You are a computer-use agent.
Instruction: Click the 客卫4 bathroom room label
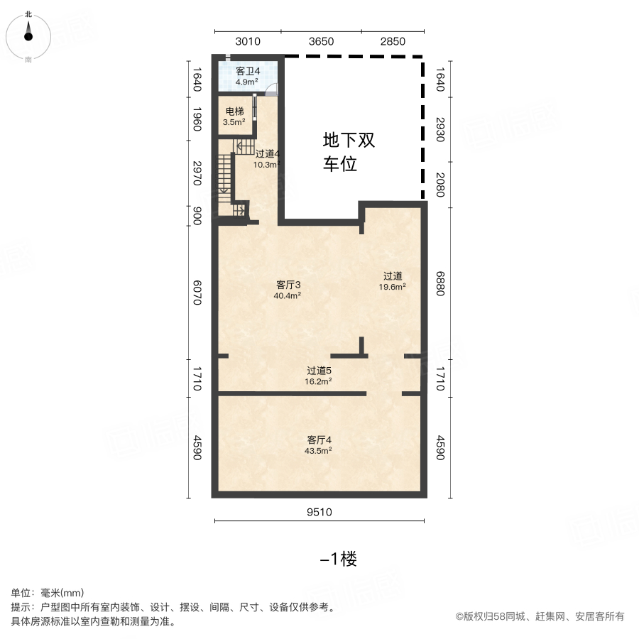[x=248, y=71]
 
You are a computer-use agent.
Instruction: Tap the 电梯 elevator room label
[x=235, y=111]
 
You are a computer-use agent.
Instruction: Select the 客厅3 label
[x=288, y=285]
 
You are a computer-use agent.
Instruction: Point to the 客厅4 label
[x=319, y=440]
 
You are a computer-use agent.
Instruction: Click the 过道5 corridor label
[x=319, y=371]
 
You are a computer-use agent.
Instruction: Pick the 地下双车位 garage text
[x=349, y=152]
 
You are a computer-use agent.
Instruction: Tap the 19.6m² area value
[x=392, y=287]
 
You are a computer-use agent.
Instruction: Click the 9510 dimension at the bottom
[x=319, y=512]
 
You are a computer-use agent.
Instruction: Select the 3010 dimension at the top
[x=248, y=42]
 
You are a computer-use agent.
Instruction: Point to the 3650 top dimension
[x=321, y=42]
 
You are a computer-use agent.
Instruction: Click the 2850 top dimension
[x=393, y=42]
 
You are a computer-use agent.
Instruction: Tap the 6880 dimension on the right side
[x=440, y=283]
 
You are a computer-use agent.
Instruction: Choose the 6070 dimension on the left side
[x=197, y=293]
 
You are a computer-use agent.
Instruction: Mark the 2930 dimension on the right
[x=440, y=130]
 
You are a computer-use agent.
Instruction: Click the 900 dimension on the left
[x=197, y=216]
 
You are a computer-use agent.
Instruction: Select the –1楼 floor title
[x=338, y=559]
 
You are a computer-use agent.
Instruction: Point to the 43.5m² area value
[x=318, y=451]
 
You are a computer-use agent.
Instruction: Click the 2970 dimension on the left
[x=197, y=173]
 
